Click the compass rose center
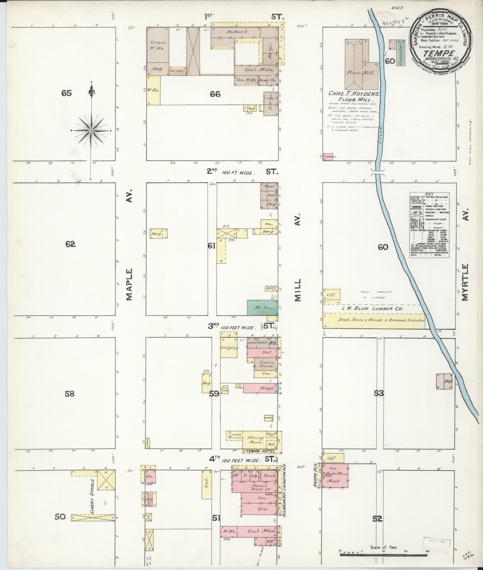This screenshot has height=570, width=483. click(91, 130)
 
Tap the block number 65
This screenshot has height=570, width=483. click(67, 93)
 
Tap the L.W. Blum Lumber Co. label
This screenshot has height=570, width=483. click(372, 308)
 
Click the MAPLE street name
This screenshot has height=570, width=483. click(130, 284)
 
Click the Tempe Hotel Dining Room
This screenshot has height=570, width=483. click(255, 440)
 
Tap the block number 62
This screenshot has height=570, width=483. click(70, 244)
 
